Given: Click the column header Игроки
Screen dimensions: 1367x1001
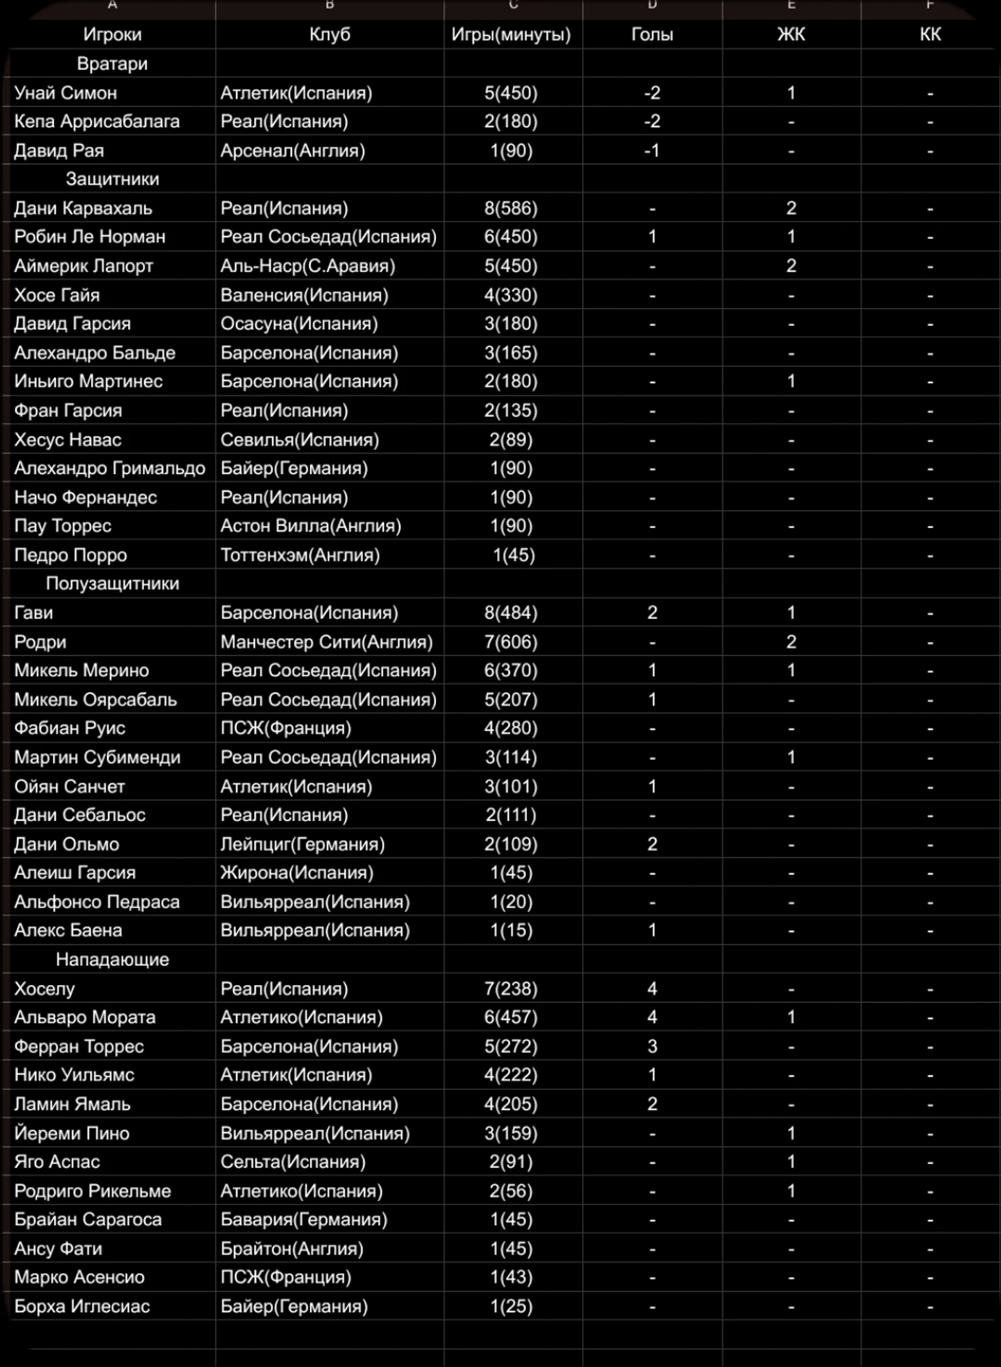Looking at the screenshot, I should click(112, 34).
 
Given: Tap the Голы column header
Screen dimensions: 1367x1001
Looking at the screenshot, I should click(651, 34).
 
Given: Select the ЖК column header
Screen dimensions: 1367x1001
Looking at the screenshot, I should click(791, 34).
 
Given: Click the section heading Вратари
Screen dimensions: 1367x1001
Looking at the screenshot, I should click(112, 64).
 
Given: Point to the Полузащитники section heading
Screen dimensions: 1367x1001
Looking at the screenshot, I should click(112, 584).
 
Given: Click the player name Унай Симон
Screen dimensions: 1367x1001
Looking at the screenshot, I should click(66, 93).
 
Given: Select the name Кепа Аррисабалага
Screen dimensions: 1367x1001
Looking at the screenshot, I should click(97, 121).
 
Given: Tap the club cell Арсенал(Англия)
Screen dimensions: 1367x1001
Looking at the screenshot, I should click(293, 150).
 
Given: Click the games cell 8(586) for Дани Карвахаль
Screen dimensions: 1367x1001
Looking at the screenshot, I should click(511, 208).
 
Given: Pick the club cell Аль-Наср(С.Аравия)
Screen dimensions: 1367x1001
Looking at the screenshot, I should click(308, 265).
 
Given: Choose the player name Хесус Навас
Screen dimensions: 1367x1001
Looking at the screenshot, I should click(68, 440).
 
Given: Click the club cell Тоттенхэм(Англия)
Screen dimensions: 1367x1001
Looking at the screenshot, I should click(300, 555).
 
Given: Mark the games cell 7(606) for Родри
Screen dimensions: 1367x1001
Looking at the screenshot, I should click(511, 642).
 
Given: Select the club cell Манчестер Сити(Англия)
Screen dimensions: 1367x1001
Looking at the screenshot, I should click(326, 642).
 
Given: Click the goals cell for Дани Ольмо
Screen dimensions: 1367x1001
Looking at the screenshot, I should click(651, 844).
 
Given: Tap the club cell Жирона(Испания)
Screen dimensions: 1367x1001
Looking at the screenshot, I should click(297, 872).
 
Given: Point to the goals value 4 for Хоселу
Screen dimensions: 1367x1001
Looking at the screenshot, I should click(651, 988).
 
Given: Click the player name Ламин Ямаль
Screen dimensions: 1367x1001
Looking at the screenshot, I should click(72, 1104).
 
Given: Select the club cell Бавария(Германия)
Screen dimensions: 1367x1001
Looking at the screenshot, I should click(304, 1220).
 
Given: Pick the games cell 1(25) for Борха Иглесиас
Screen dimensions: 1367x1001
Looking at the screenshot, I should click(511, 1306).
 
